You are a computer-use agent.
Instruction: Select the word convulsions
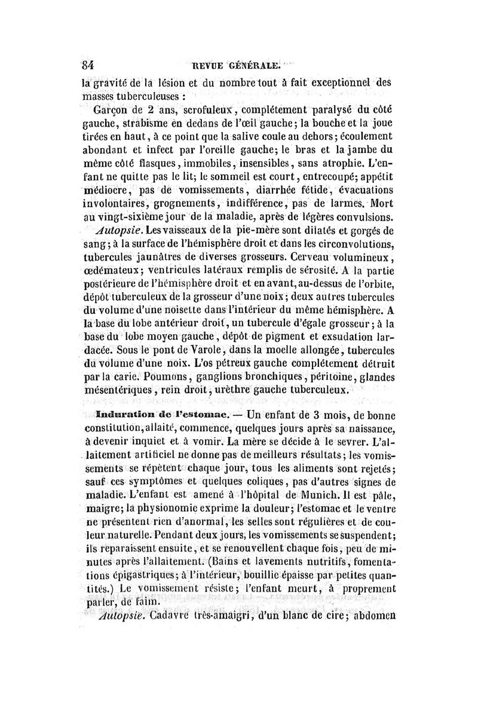click(356, 217)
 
